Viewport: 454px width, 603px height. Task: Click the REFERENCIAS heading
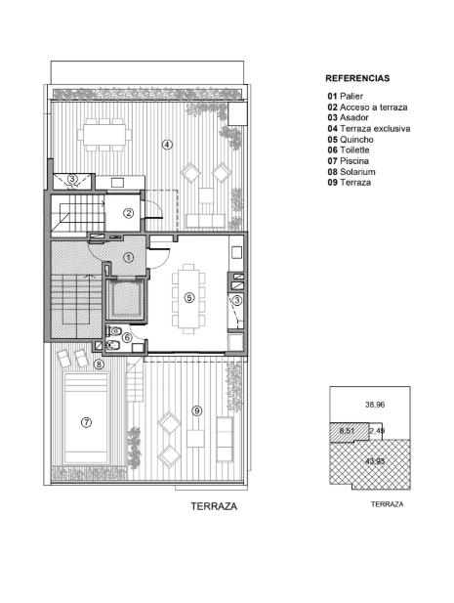pyautogui.click(x=357, y=78)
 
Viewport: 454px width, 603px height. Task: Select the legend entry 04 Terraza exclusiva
pyautogui.click(x=369, y=128)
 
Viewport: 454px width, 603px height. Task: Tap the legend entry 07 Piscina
pyautogui.click(x=348, y=160)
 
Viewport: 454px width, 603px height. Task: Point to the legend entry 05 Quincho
pyautogui.click(x=351, y=139)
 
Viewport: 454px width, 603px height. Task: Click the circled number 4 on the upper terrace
pyautogui.click(x=167, y=145)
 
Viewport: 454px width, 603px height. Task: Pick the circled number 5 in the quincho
pyautogui.click(x=188, y=297)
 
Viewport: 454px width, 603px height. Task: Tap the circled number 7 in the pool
pyautogui.click(x=87, y=422)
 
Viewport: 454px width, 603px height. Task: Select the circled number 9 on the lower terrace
pyautogui.click(x=196, y=411)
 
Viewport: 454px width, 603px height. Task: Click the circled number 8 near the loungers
pyautogui.click(x=99, y=364)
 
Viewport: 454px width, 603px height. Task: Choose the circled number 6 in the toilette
pyautogui.click(x=127, y=337)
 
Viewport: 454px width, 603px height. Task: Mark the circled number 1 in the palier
pyautogui.click(x=129, y=257)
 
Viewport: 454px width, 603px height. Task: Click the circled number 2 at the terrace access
pyautogui.click(x=129, y=213)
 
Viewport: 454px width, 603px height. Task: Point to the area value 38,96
pyautogui.click(x=375, y=405)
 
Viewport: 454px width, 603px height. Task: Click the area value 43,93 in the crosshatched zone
pyautogui.click(x=375, y=460)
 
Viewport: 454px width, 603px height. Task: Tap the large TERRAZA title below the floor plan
pyautogui.click(x=214, y=506)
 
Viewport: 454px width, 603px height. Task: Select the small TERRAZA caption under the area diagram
pyautogui.click(x=388, y=504)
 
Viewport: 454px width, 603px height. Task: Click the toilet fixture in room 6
pyautogui.click(x=113, y=330)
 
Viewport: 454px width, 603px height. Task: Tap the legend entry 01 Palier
pyautogui.click(x=345, y=96)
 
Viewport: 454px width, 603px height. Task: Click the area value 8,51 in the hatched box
pyautogui.click(x=347, y=431)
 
